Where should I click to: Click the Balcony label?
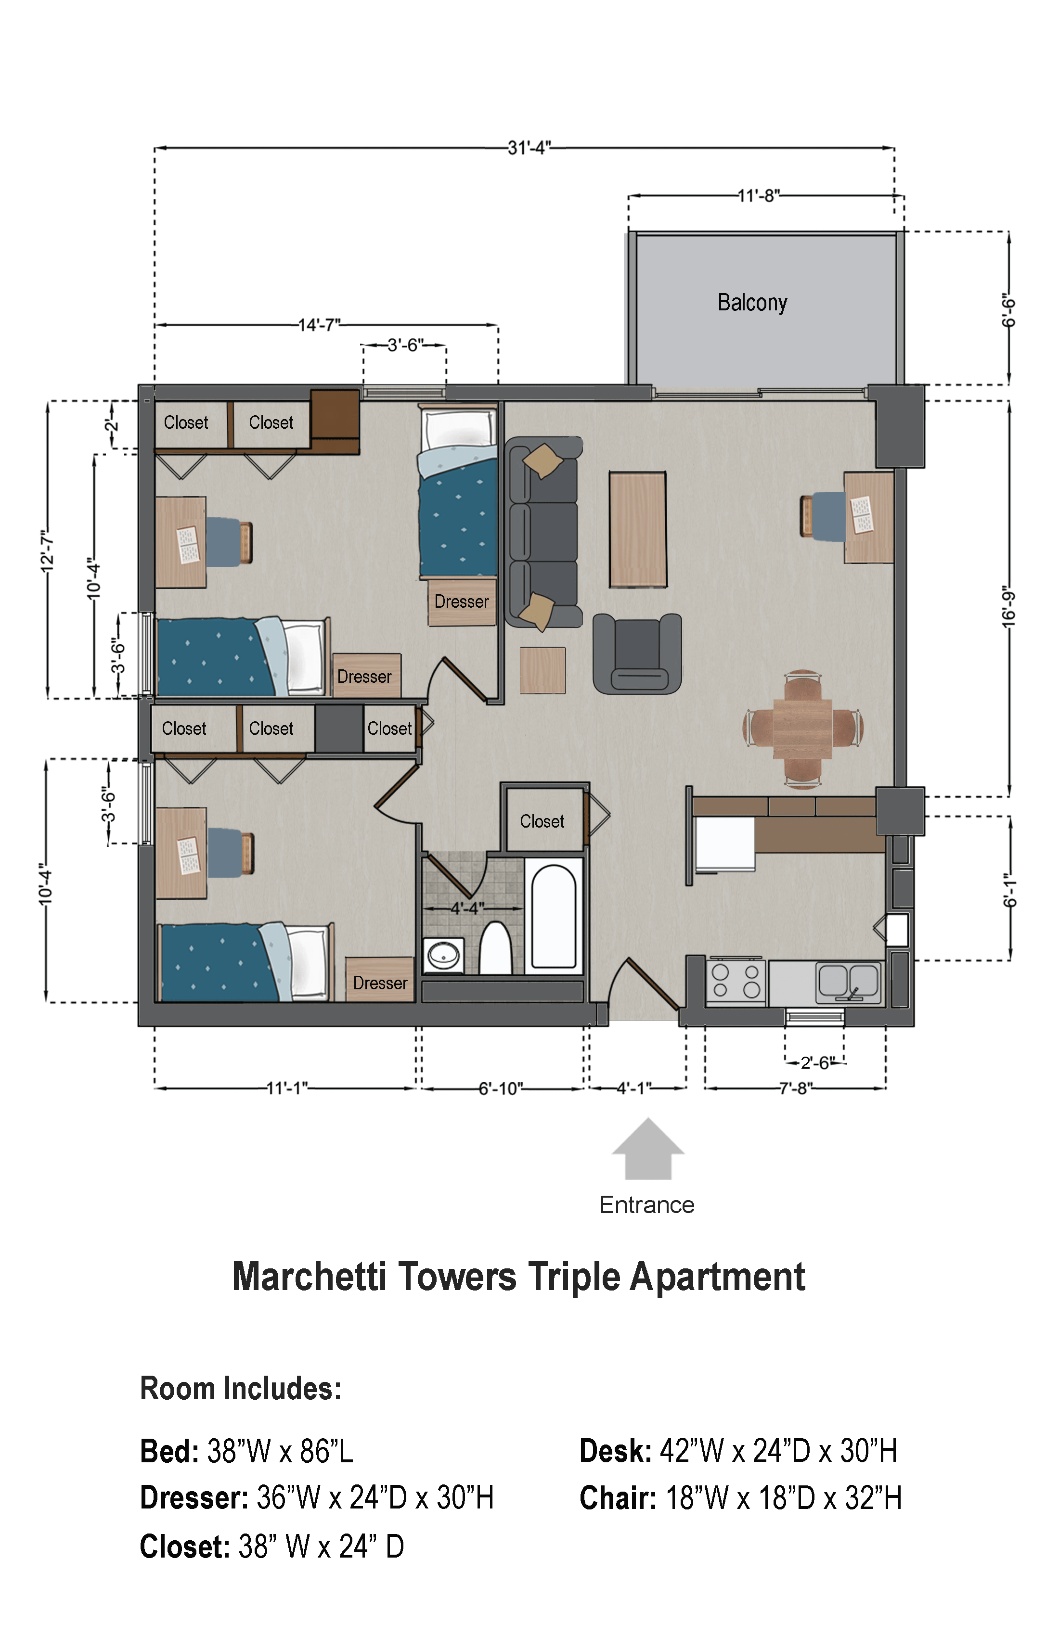coord(752,303)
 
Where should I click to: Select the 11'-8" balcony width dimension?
coord(759,196)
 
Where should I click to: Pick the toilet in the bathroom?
coord(495,948)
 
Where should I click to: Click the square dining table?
coord(802,729)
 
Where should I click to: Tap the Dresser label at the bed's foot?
coord(462,601)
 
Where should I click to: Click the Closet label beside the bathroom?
coord(542,821)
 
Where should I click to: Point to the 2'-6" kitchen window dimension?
coord(815,1063)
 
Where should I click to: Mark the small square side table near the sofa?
coord(542,670)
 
